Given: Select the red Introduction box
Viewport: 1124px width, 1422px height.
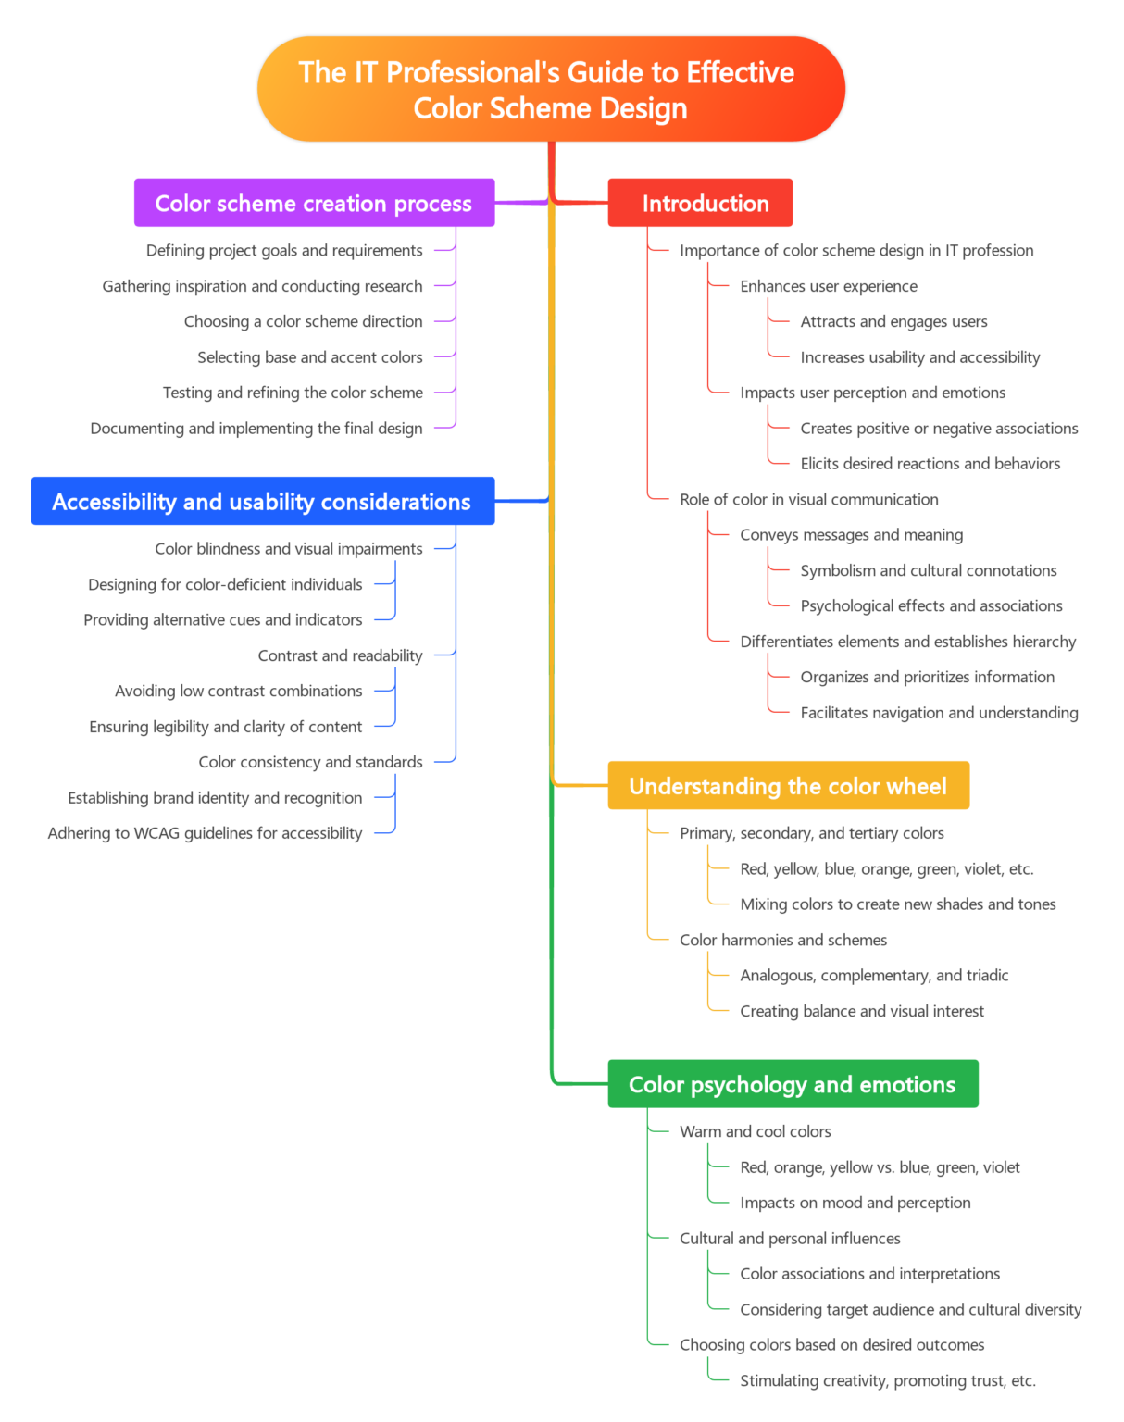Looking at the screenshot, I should click(700, 203).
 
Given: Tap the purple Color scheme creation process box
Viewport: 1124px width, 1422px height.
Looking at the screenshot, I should click(314, 203).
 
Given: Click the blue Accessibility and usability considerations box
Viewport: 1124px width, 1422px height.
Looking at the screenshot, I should click(262, 501).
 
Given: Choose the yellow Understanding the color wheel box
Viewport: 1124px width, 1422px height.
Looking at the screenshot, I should click(788, 785).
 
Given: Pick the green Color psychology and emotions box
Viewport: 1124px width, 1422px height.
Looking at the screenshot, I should click(793, 1083).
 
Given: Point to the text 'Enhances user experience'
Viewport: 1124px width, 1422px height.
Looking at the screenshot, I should click(829, 286).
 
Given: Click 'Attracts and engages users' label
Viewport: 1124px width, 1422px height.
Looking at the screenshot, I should click(893, 321).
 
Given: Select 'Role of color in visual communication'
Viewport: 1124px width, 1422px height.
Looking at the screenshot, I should click(809, 499).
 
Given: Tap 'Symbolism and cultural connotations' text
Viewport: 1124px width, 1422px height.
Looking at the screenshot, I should click(929, 570).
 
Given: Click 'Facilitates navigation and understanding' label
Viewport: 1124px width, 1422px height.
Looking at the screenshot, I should click(939, 713).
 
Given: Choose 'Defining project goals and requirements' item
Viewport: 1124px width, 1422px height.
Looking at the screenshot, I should click(284, 251).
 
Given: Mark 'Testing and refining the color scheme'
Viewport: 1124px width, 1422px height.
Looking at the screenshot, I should click(293, 393).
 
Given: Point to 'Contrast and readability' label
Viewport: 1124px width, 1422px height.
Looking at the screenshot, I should click(340, 655).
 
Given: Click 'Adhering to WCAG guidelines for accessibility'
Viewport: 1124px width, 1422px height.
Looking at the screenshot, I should click(205, 833).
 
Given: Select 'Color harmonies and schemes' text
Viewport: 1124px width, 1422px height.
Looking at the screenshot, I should click(783, 940).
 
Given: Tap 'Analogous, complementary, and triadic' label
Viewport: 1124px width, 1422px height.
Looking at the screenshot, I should click(874, 975).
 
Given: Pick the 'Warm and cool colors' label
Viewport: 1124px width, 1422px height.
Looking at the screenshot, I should click(756, 1131).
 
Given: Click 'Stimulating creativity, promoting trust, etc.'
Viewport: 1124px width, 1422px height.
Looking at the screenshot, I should click(888, 1380).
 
